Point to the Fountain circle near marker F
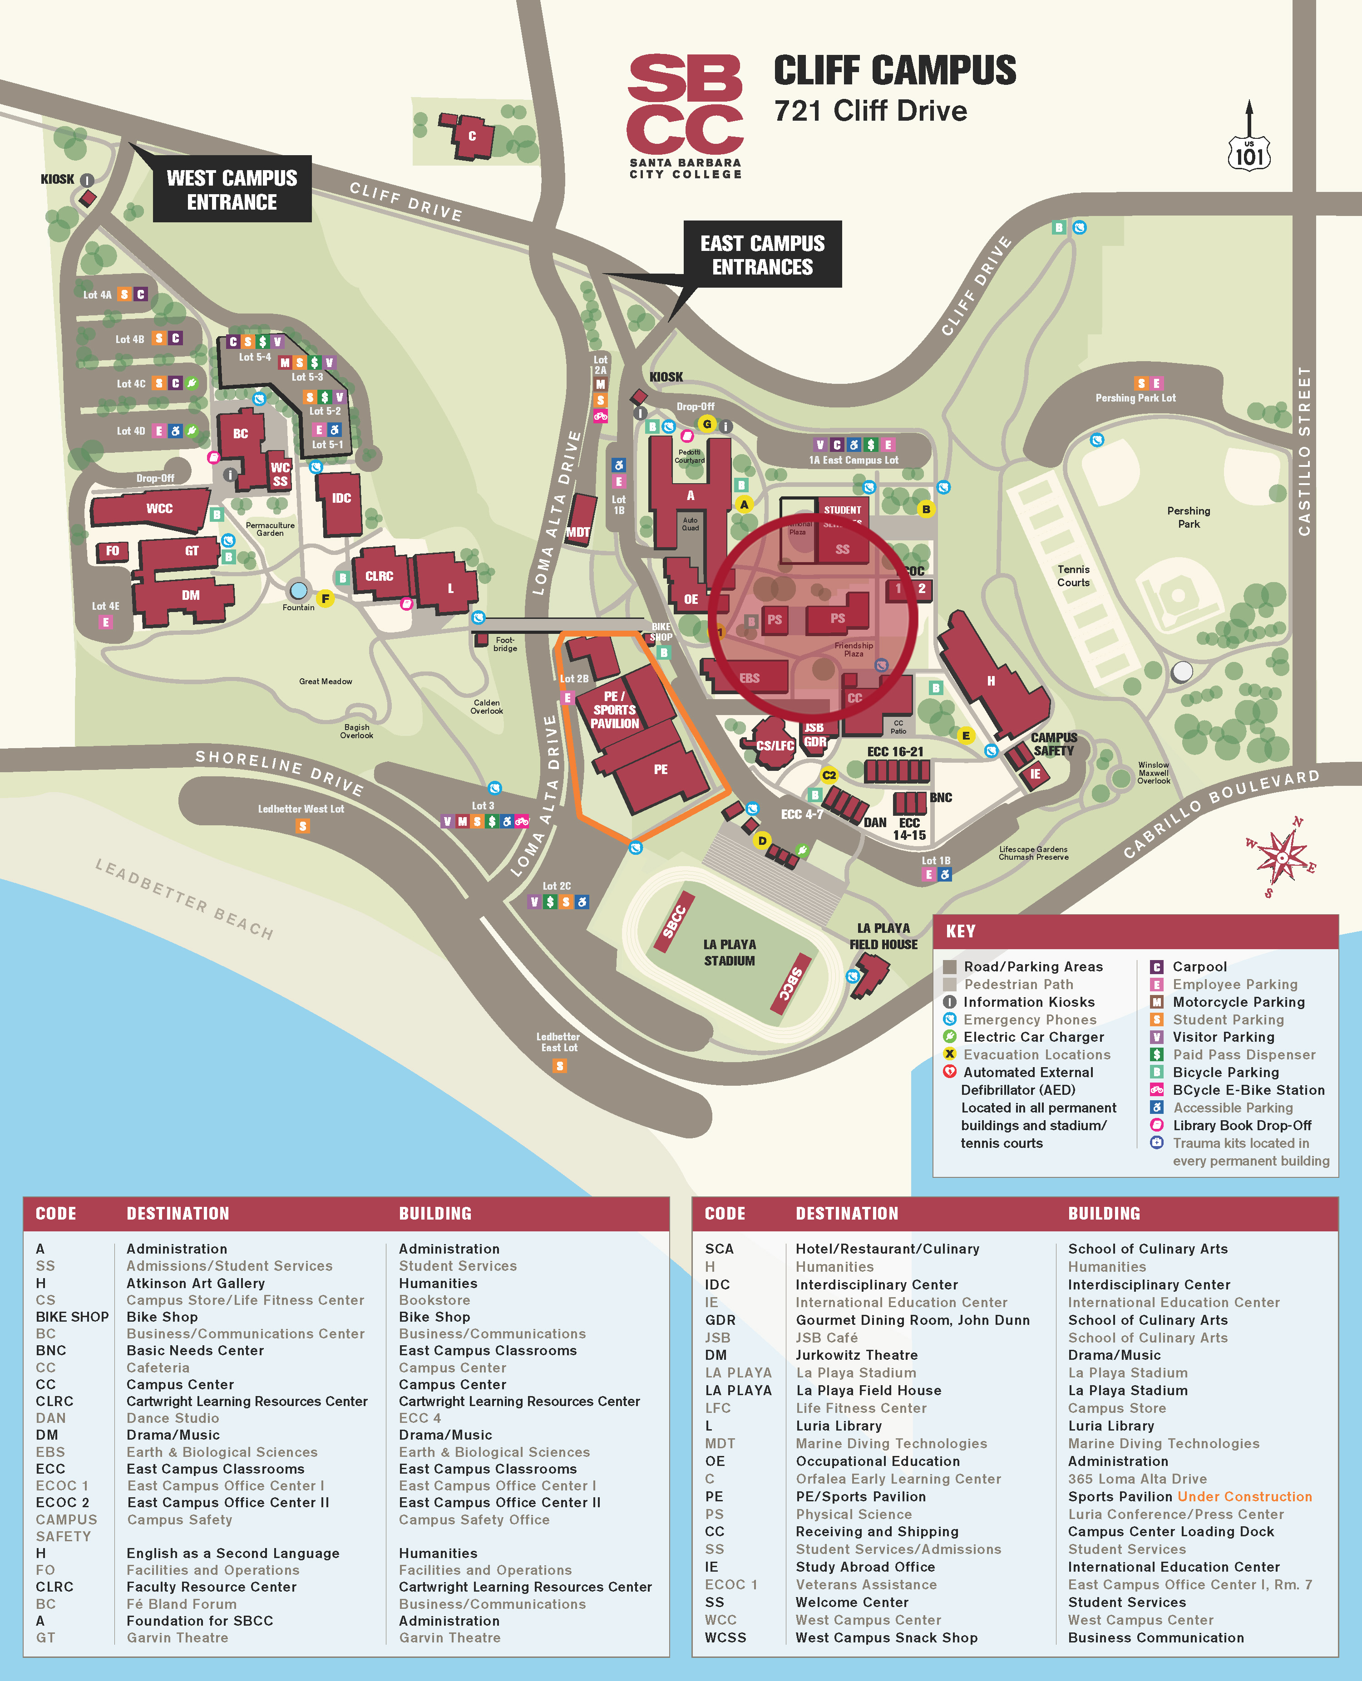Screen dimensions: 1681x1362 (x=298, y=590)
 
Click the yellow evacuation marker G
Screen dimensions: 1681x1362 (x=707, y=424)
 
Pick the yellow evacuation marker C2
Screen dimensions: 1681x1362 (x=829, y=775)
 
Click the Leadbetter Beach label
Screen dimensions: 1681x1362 (x=184, y=899)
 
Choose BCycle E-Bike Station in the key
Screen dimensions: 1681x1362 (x=1248, y=1090)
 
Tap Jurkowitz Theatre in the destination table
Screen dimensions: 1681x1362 (x=856, y=1355)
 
